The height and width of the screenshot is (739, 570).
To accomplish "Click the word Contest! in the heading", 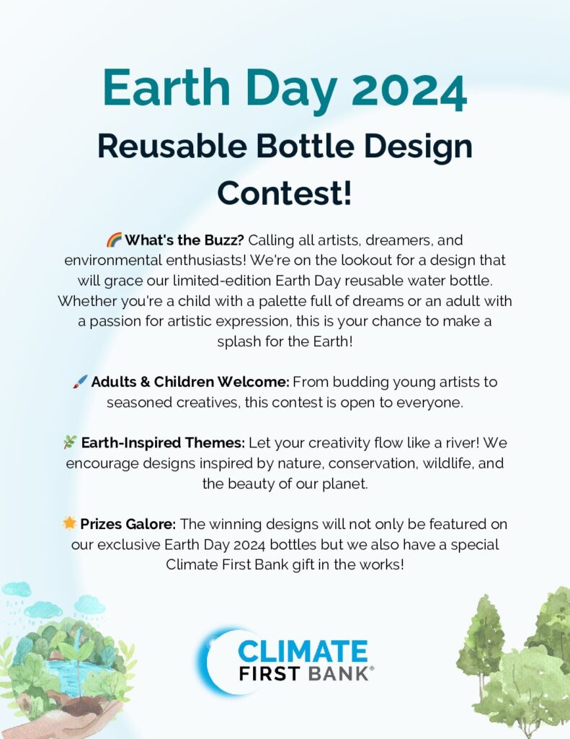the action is pyautogui.click(x=285, y=193).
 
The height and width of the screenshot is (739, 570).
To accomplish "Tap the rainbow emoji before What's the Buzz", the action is pyautogui.click(x=114, y=240).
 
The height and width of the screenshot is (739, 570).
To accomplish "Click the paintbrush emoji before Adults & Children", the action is pyautogui.click(x=80, y=381).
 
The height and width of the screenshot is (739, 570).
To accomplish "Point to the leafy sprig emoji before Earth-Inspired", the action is pyautogui.click(x=70, y=442).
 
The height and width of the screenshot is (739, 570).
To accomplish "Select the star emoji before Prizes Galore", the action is pyautogui.click(x=69, y=523).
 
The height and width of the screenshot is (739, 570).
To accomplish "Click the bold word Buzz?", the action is pyautogui.click(x=223, y=240).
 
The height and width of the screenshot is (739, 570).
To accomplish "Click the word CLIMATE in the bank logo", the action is pyautogui.click(x=303, y=651).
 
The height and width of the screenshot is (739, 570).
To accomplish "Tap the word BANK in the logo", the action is pyautogui.click(x=337, y=673).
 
